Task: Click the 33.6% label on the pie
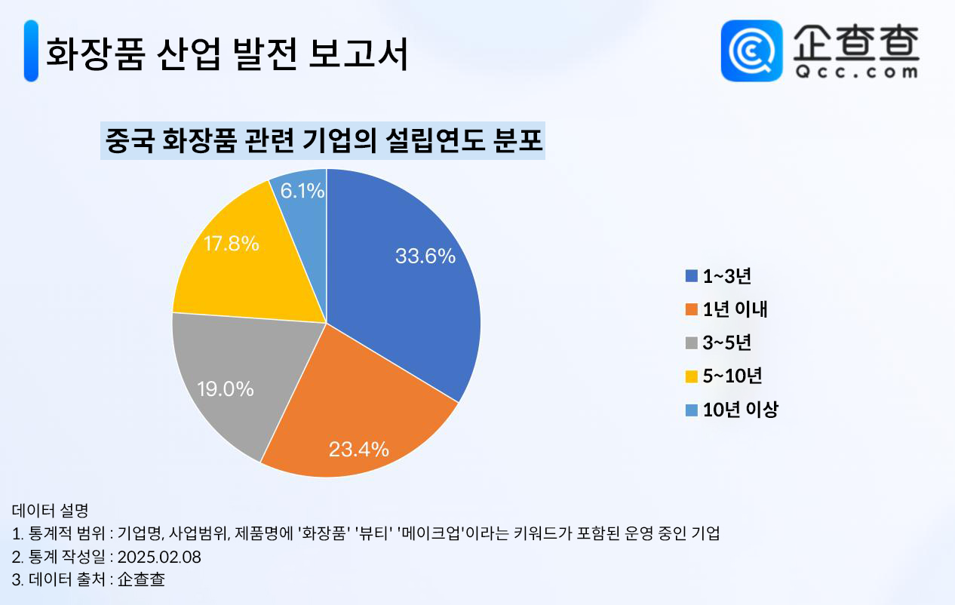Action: click(x=425, y=256)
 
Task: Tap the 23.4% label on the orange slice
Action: click(x=358, y=450)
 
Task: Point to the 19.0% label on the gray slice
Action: click(x=225, y=389)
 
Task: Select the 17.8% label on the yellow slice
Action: click(x=231, y=244)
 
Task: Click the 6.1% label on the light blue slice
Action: click(x=302, y=191)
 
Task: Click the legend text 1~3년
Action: click(x=727, y=276)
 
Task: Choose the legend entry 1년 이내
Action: click(x=735, y=309)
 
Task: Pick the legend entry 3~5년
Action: click(x=727, y=342)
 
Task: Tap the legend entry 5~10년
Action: click(x=732, y=376)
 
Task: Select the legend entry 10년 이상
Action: click(x=741, y=410)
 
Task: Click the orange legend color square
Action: click(x=691, y=309)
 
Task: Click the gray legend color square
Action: click(x=691, y=343)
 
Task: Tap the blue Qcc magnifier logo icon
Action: click(x=751, y=51)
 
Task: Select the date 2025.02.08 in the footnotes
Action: click(x=159, y=557)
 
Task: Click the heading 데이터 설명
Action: click(x=50, y=511)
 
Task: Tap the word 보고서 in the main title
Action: click(x=358, y=54)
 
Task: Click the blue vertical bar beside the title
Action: click(x=31, y=51)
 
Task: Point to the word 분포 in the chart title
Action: click(x=518, y=140)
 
